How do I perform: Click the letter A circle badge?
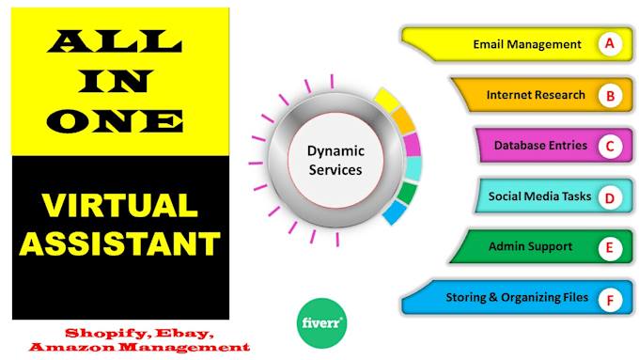tap(610, 44)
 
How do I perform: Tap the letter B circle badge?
tap(610, 95)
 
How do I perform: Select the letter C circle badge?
tap(610, 146)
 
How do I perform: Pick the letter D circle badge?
tap(610, 197)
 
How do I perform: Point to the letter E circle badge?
tap(610, 248)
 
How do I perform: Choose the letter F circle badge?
tap(610, 299)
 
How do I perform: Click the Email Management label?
tap(526, 44)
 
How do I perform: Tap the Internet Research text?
tap(536, 95)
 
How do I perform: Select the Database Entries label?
tap(540, 146)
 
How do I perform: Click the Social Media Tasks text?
tap(538, 196)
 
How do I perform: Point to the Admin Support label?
tap(530, 247)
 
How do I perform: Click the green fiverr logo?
tap(321, 322)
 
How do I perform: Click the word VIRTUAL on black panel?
tap(120, 206)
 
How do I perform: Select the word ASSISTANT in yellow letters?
tap(120, 243)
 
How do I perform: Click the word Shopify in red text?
tap(101, 333)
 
